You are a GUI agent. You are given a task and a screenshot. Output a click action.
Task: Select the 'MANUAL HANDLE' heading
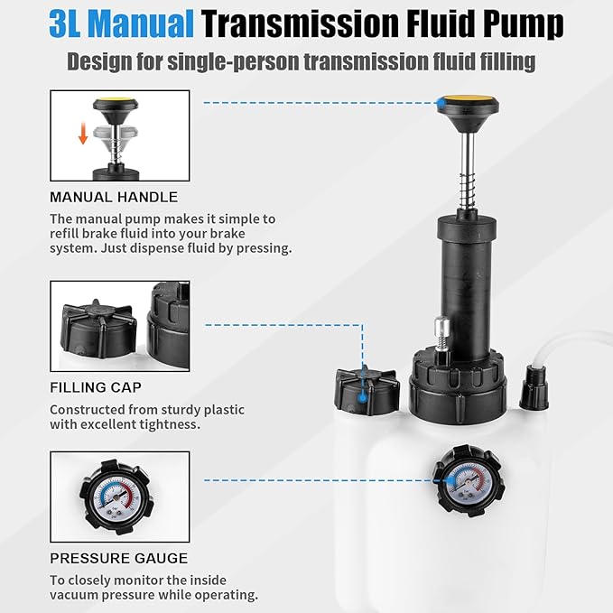click(114, 197)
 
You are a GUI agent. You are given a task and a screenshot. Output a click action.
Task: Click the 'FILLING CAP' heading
click(96, 388)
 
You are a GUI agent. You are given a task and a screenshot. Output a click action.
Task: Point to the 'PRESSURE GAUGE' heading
click(118, 558)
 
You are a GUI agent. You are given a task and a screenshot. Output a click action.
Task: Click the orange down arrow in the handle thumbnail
click(82, 135)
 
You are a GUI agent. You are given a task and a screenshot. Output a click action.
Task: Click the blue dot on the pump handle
click(441, 105)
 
